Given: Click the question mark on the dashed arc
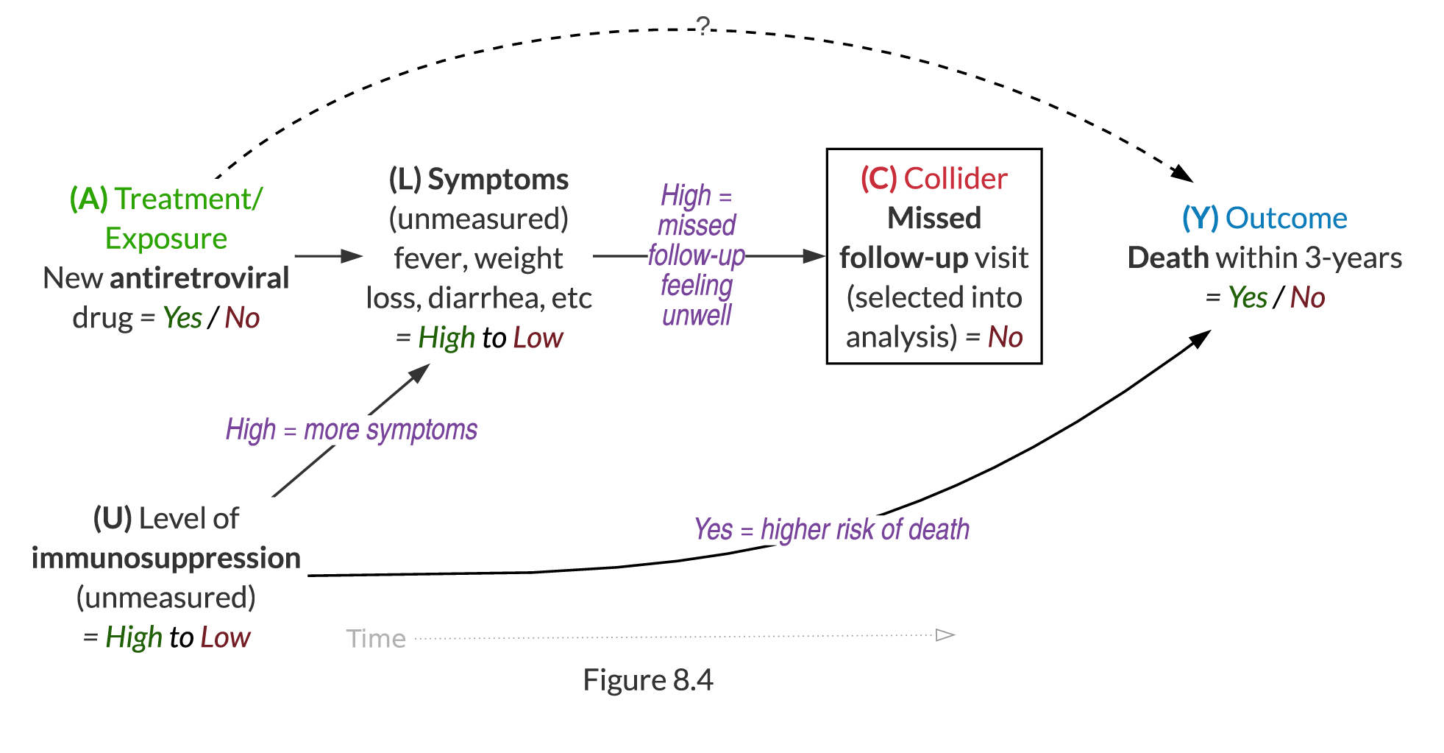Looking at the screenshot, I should pos(704,26).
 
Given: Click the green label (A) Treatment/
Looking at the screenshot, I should pos(166,199).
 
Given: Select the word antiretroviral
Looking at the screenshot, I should pos(199,278).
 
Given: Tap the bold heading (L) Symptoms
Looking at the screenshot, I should pos(479,180).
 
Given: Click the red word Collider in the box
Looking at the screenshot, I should pos(955,179).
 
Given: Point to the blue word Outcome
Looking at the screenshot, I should pos(1286,219).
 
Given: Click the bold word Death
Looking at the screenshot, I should pos(1168,258).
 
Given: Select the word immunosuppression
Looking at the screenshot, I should pos(166,558).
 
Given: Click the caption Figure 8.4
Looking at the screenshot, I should pos(647,680).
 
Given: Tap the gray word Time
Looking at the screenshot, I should pos(376,638).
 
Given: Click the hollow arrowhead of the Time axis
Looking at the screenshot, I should pos(945,634).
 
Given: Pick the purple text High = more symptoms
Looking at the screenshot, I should pos(352,430).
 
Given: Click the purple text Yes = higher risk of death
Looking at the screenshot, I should pos(831,529).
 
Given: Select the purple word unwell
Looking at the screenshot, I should pos(697,316).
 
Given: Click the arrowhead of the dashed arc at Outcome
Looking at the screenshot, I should pos(1184,174).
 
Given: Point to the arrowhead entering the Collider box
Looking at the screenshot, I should pos(814,256).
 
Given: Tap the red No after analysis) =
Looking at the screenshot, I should pos(1005,337).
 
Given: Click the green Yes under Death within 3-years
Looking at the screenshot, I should pos(1248,298).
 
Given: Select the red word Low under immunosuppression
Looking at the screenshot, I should pos(225,637).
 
